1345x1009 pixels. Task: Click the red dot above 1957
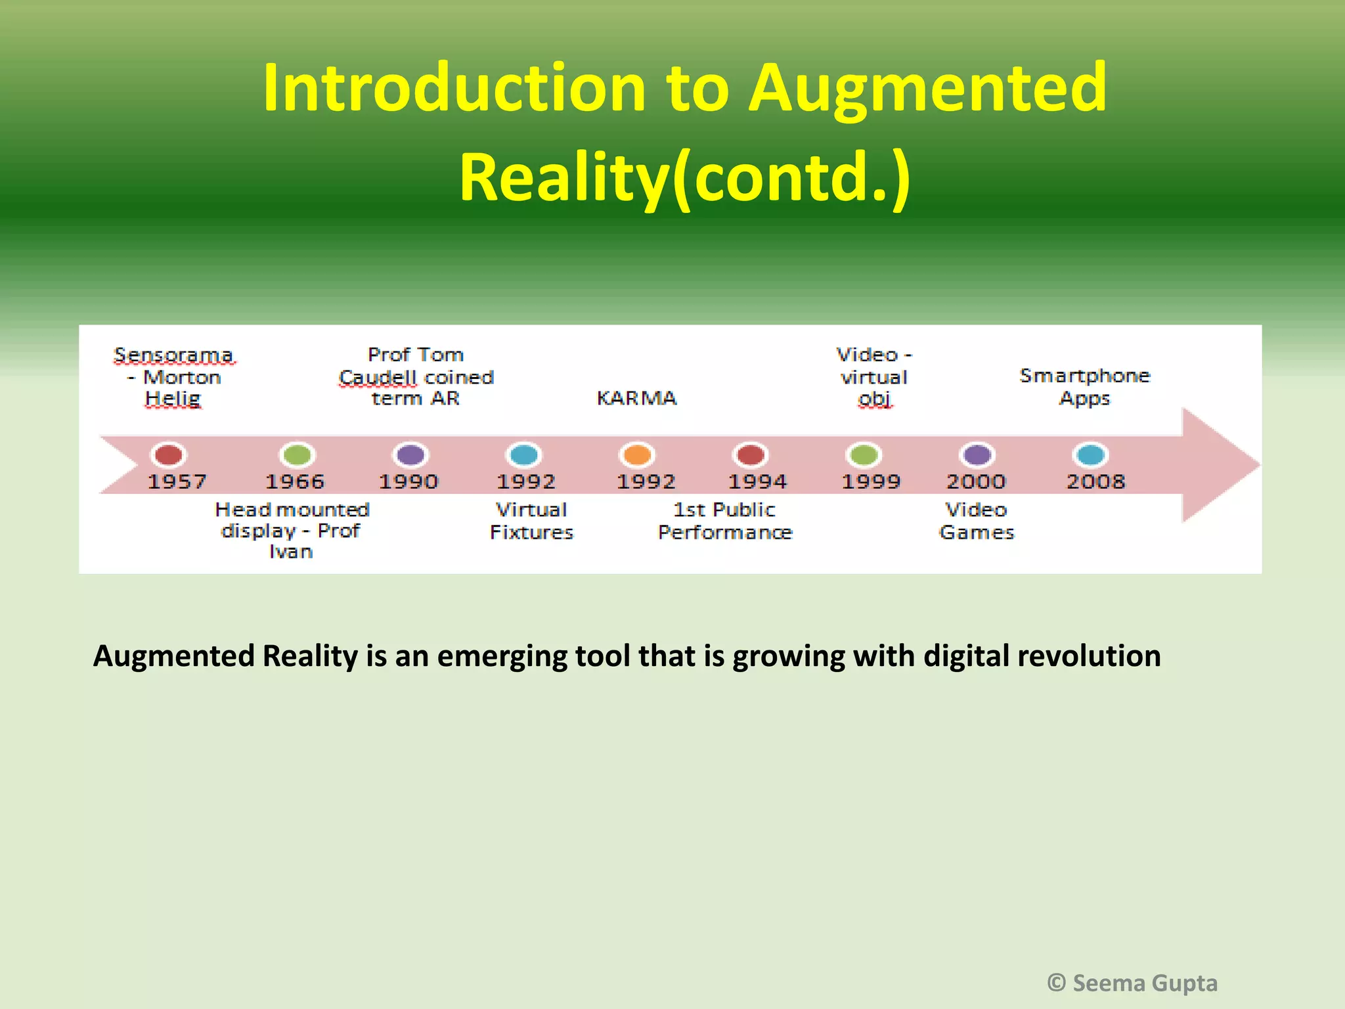coord(169,455)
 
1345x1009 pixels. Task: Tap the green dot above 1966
coord(298,455)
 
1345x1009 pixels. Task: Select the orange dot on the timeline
coord(637,455)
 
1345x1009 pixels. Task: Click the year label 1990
coord(408,482)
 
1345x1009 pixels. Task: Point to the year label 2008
coord(1095,482)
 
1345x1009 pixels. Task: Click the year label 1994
coord(757,482)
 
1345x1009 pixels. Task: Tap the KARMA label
coord(636,398)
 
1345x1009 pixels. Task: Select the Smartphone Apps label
coord(1085,386)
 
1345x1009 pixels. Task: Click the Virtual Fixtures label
coord(531,521)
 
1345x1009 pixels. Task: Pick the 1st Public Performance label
coord(725,521)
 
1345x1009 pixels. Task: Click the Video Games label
coord(977,521)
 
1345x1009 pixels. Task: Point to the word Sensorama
coord(173,355)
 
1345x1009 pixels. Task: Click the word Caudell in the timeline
coord(378,378)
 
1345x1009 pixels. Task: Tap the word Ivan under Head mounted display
coord(291,552)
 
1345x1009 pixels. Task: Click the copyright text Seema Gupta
coord(1144,983)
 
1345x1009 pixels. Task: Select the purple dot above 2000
coord(977,455)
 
